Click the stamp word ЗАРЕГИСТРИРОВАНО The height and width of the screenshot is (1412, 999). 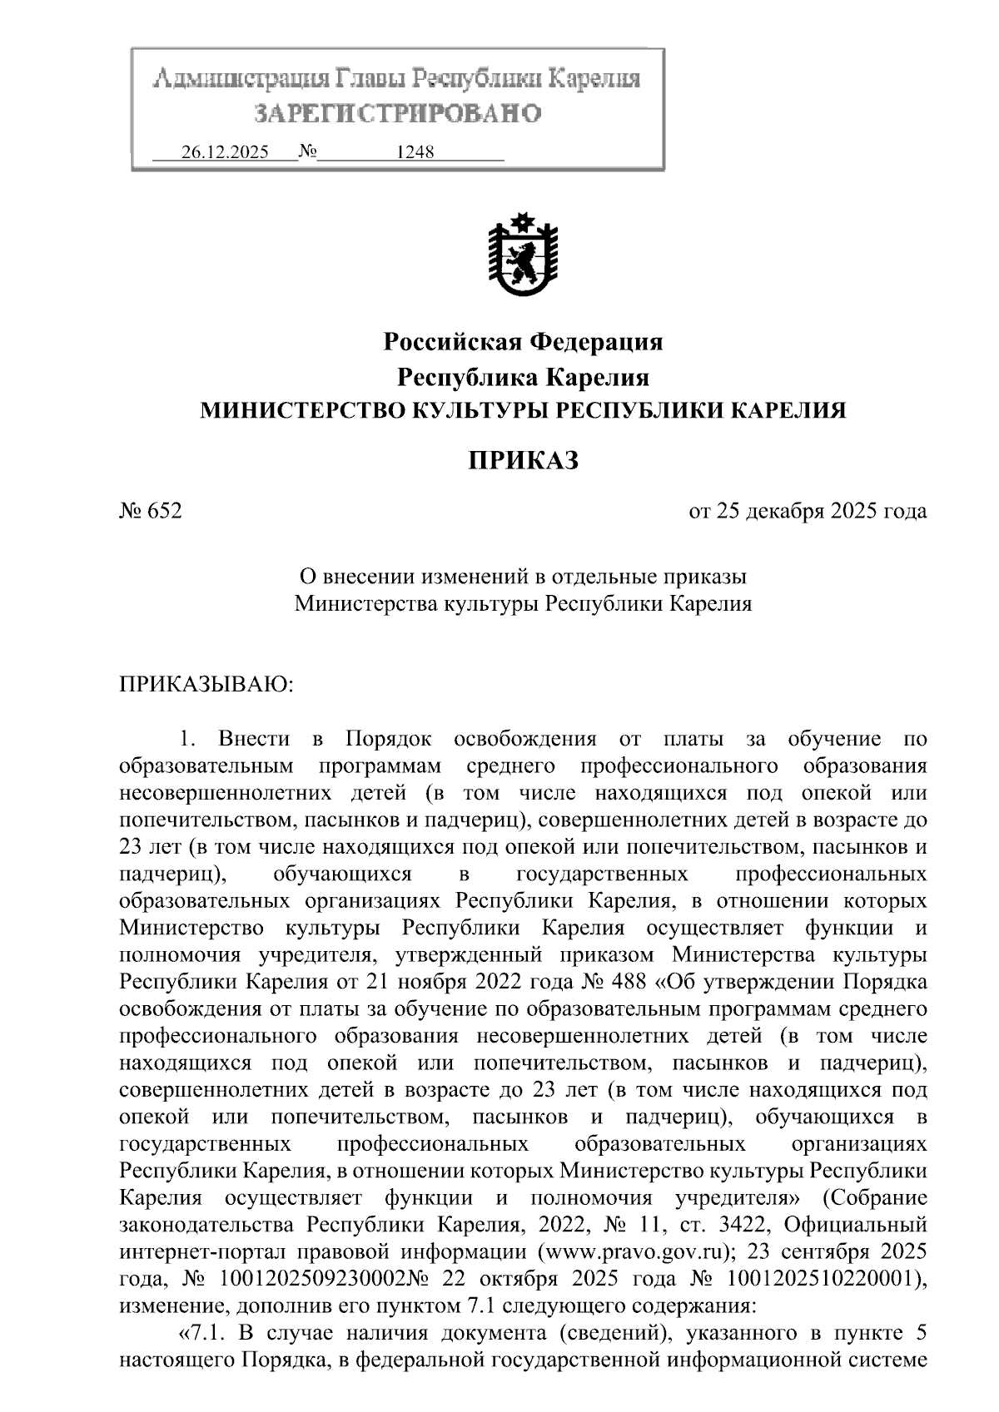pyautogui.click(x=398, y=112)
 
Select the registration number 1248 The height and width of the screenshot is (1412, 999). pyautogui.click(x=415, y=153)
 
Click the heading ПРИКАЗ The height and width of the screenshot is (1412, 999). pyautogui.click(x=522, y=459)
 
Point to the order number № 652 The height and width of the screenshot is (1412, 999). pyautogui.click(x=151, y=511)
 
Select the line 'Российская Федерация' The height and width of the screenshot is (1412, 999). pyautogui.click(x=522, y=341)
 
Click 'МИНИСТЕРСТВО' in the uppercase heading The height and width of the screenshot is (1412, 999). pyautogui.click(x=293, y=410)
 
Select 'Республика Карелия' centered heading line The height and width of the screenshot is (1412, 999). pyautogui.click(x=522, y=377)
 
